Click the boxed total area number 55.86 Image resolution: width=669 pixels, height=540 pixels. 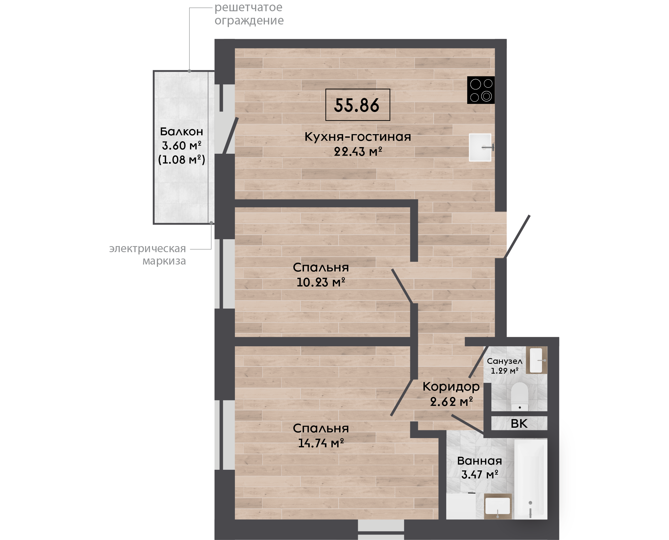coord(357,105)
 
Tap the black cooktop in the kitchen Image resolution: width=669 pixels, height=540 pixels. coord(481,90)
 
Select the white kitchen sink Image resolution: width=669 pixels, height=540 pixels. coord(480,147)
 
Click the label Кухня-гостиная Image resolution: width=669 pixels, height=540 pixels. coord(358,137)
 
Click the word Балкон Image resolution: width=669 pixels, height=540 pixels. coord(181,132)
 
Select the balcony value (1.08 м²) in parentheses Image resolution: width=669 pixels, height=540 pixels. coord(182,159)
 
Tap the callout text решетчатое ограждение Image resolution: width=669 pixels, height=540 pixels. coord(249,14)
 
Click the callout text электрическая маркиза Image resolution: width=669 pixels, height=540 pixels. coord(148,254)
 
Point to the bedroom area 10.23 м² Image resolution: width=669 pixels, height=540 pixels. coord(321,282)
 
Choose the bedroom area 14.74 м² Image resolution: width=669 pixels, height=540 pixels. coord(321,443)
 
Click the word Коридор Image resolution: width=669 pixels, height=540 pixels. coord(451,386)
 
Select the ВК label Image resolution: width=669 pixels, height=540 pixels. coord(519,424)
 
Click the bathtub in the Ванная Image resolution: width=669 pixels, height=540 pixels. coord(531,479)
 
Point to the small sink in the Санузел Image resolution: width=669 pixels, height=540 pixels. coord(536,360)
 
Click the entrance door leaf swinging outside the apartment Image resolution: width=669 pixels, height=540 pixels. coord(517,237)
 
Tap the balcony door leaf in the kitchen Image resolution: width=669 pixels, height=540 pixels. coord(231,136)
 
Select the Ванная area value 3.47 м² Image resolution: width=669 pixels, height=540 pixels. coord(480,474)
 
